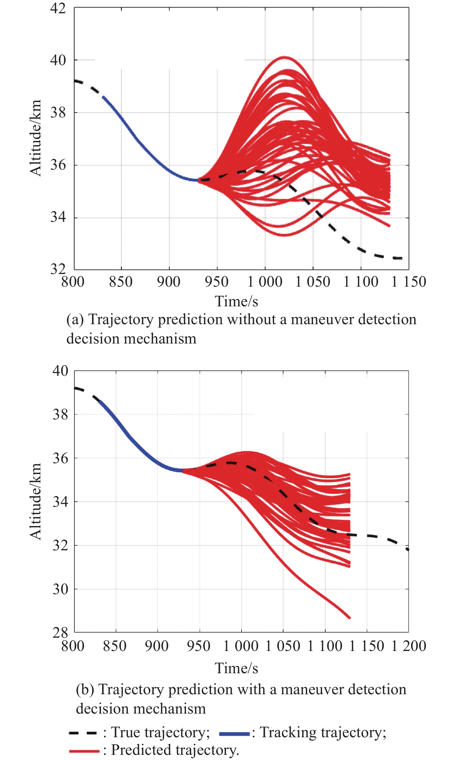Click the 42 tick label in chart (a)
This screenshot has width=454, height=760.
click(x=58, y=8)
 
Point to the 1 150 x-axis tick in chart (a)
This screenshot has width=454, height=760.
click(x=409, y=282)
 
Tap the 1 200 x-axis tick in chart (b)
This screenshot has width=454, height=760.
click(x=409, y=646)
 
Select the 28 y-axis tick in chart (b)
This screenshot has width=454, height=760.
click(x=60, y=632)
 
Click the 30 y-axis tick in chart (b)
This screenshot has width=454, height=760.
click(x=60, y=589)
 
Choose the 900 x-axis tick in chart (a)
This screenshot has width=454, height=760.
click(x=169, y=282)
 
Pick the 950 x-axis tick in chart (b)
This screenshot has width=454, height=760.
click(x=199, y=646)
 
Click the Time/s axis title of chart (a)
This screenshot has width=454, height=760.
click(x=236, y=301)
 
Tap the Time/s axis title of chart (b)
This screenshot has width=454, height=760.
click(x=236, y=668)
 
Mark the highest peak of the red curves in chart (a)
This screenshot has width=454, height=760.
click(x=285, y=57)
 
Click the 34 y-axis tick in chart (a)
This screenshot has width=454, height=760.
click(x=58, y=217)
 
